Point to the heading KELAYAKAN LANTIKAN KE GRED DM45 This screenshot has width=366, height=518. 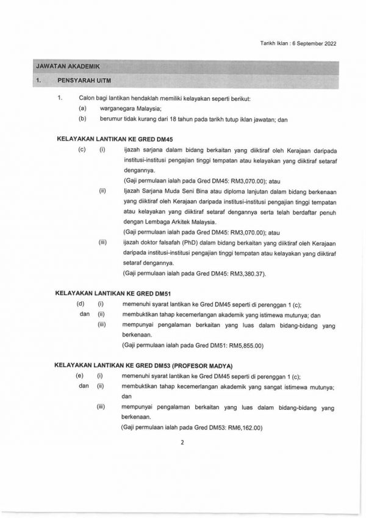coord(106,139)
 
